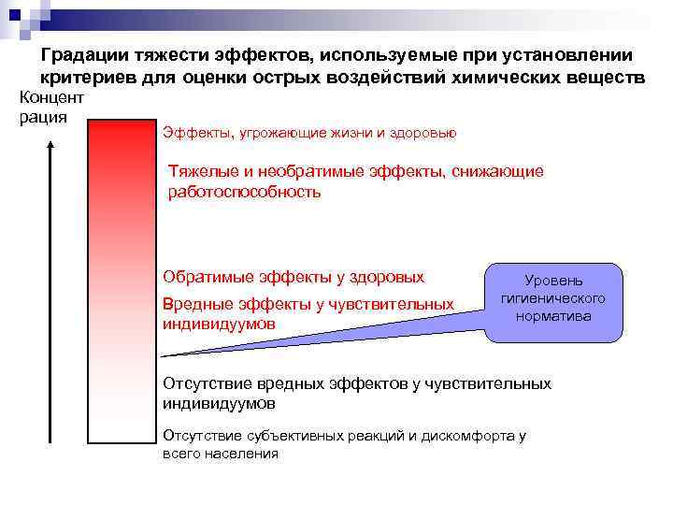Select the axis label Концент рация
point(51,107)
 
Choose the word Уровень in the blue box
point(553,280)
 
